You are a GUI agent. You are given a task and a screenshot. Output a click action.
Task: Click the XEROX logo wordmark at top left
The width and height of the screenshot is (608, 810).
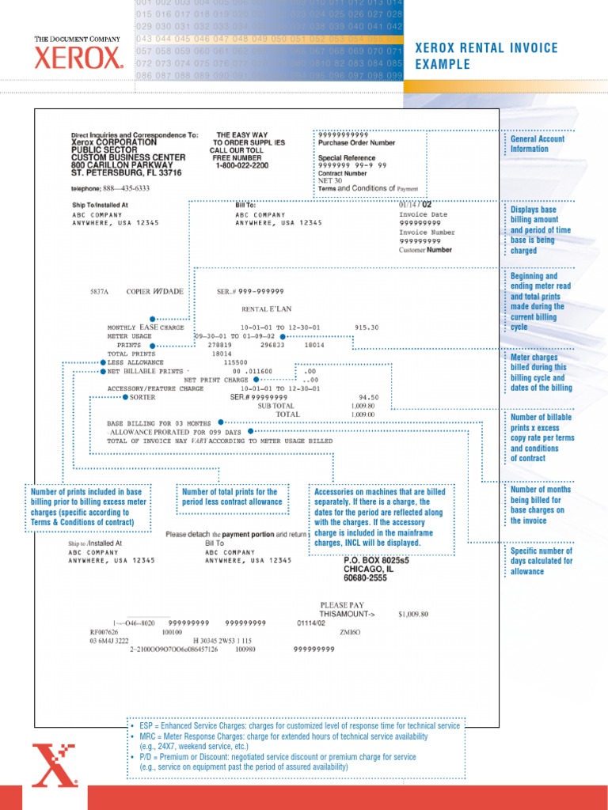click(x=78, y=57)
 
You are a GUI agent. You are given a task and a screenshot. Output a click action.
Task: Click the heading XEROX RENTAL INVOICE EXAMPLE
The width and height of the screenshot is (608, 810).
click(x=486, y=56)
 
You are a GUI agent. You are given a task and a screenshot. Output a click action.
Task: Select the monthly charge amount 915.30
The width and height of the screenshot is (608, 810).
click(x=367, y=327)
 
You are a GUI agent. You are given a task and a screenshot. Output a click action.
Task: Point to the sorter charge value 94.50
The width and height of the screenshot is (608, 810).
click(x=368, y=397)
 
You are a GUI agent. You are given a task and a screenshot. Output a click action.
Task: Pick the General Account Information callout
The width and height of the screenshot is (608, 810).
click(x=538, y=144)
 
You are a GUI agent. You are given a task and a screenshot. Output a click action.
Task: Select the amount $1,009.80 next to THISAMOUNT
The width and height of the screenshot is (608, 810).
click(x=413, y=613)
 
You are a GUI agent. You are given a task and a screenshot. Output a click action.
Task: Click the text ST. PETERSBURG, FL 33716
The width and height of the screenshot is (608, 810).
click(x=127, y=172)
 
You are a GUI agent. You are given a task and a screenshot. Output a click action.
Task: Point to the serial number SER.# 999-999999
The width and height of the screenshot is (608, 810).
click(x=250, y=291)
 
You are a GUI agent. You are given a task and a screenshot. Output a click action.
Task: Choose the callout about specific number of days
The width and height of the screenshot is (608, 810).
click(x=541, y=561)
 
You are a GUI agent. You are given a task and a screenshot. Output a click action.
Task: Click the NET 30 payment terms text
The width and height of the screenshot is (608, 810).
click(x=329, y=180)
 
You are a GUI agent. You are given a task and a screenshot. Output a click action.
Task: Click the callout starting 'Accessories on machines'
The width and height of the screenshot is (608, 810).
click(x=381, y=517)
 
